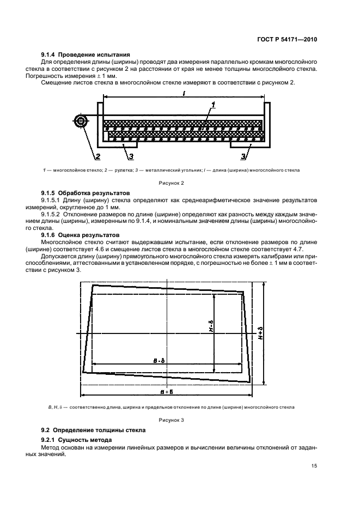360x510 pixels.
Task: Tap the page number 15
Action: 314,466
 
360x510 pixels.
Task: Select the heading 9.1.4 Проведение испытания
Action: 86,54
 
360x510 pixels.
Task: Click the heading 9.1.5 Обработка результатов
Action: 84,193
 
